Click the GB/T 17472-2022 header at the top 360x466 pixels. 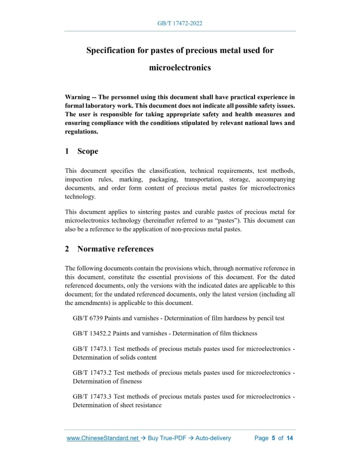click(x=180, y=24)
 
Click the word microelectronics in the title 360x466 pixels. click(x=180, y=67)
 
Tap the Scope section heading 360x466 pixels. click(x=87, y=151)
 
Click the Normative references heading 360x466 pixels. click(x=115, y=249)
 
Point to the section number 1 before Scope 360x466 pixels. click(x=67, y=151)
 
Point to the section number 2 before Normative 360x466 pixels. click(x=67, y=249)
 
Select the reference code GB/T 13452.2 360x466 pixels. click(x=92, y=333)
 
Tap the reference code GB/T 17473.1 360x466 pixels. click(x=92, y=349)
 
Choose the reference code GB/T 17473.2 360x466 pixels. click(x=92, y=372)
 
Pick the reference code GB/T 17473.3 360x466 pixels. click(x=92, y=397)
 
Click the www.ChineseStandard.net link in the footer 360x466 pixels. click(x=103, y=438)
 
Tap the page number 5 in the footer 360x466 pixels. click(x=274, y=438)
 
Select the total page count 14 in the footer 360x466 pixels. click(x=290, y=438)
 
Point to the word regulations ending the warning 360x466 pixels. click(x=81, y=132)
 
